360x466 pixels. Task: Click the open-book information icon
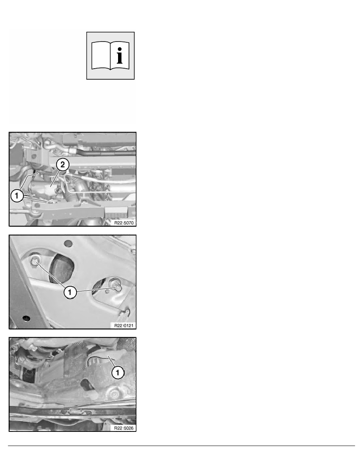pos(110,56)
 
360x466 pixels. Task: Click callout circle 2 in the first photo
pos(63,164)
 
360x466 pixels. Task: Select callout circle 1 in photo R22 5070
pos(16,196)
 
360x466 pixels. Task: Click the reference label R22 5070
pos(124,222)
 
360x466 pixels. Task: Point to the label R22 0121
pos(124,326)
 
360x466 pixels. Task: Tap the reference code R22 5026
pos(124,428)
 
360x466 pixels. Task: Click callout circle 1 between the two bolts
pos(70,292)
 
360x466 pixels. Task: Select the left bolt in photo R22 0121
pos(35,260)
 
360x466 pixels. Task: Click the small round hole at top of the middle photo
pos(68,244)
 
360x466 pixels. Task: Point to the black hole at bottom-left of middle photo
pos(26,318)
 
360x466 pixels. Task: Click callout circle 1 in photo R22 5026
pos(118,372)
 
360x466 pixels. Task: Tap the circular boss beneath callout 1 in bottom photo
pos(113,394)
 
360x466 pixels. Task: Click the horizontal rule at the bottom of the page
pos(182,446)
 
